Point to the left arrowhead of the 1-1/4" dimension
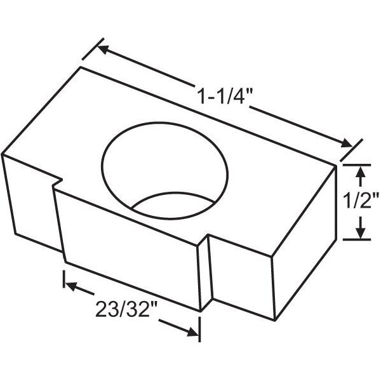105,48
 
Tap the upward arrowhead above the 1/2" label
361,170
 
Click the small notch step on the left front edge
56,183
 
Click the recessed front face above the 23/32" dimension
127,248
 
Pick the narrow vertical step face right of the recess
204,273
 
